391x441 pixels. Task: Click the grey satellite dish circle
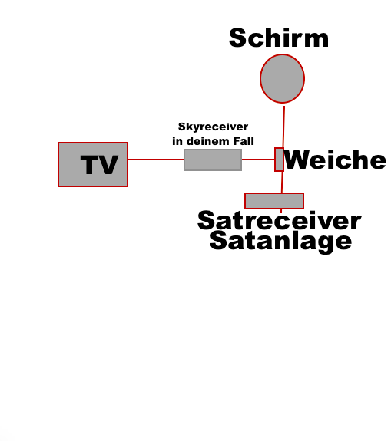point(282,78)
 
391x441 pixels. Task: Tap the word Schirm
point(279,38)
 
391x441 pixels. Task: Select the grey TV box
point(93,165)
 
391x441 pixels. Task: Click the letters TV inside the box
point(99,165)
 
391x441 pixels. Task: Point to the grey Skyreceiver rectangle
point(213,160)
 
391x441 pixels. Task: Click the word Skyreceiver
point(214,127)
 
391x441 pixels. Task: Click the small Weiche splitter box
point(279,160)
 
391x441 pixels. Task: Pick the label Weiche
point(335,160)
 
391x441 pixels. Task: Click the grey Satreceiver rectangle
point(274,201)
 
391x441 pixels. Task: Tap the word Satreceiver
point(279,221)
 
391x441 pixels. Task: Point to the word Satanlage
point(281,242)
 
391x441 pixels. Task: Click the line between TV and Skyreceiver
point(156,160)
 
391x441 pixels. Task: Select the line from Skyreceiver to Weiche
point(258,160)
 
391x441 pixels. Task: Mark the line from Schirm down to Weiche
point(283,127)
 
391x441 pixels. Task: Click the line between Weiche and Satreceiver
point(282,183)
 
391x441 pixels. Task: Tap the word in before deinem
point(177,141)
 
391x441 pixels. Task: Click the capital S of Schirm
point(238,38)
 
